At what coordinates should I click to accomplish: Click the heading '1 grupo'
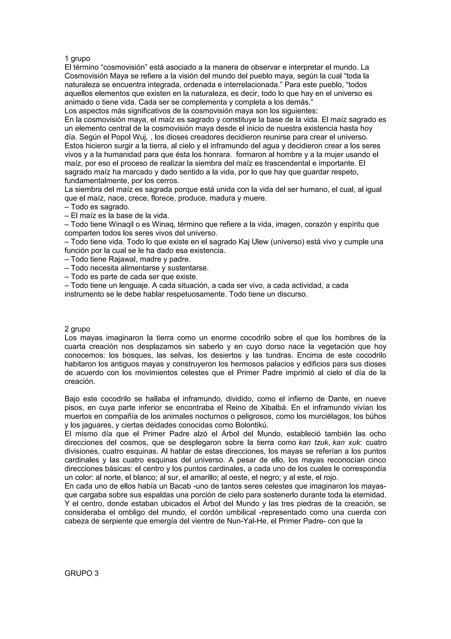point(77,58)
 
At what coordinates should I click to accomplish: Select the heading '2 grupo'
point(77,329)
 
